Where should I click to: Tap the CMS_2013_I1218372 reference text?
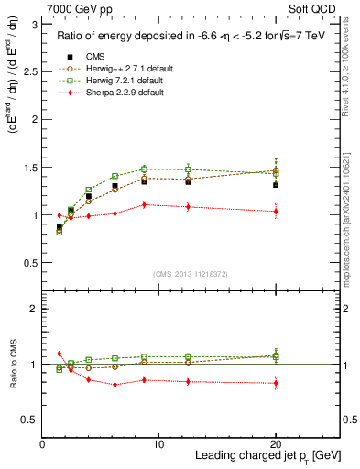[191, 273]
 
